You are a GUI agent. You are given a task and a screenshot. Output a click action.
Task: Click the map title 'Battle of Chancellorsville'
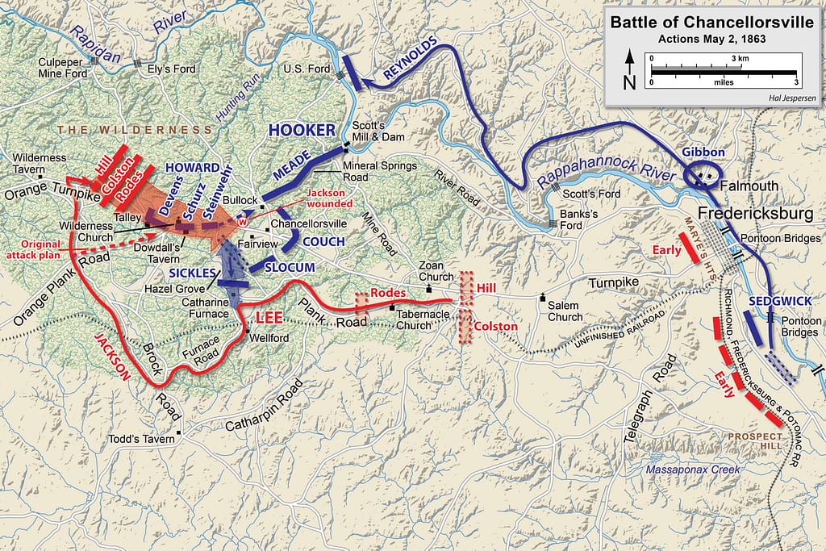point(711,22)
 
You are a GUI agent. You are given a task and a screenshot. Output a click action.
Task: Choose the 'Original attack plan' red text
point(35,250)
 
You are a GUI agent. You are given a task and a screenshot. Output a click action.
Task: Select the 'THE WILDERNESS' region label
point(129,130)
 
